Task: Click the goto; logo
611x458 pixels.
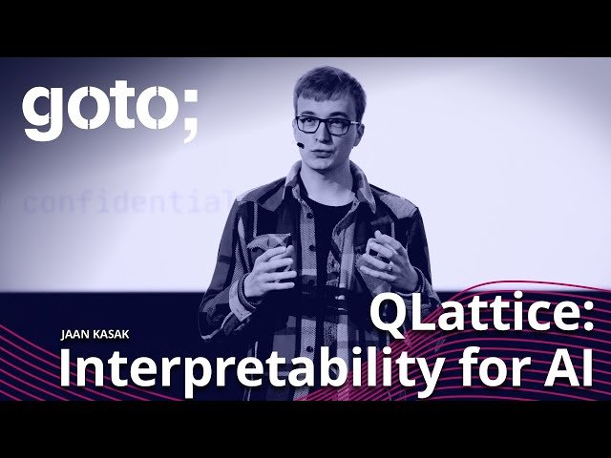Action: (110, 111)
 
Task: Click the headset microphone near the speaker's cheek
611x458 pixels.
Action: (301, 145)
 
